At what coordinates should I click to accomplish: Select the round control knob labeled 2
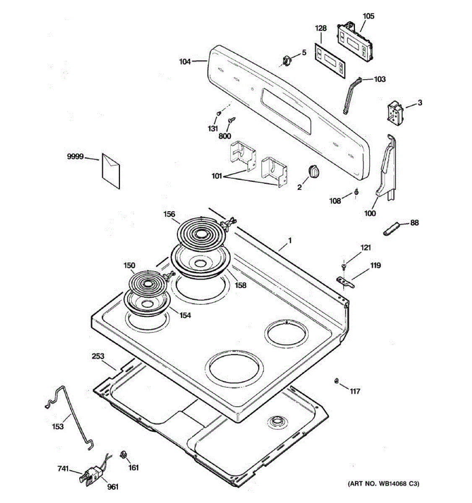pos(313,171)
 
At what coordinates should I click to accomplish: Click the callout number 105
pos(368,16)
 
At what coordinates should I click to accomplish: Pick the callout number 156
pos(169,214)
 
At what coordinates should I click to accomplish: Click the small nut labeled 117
pos(336,381)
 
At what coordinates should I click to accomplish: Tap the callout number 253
pos(98,356)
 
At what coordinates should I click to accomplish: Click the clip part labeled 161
pos(123,454)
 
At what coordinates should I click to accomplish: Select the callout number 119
pos(375,265)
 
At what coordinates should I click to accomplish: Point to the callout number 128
pos(321,28)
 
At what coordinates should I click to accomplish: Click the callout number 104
pos(185,62)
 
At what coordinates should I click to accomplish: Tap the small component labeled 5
pos(287,61)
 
